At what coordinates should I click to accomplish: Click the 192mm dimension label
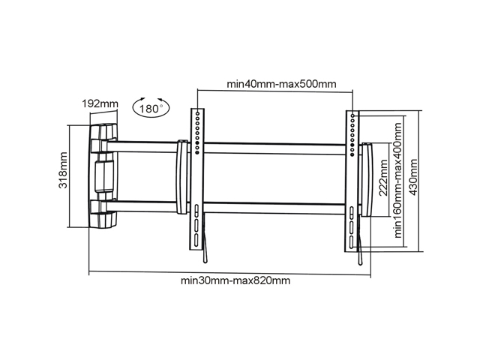(100, 104)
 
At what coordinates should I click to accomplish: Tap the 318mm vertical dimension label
(63, 170)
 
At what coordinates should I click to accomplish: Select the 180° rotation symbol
(151, 107)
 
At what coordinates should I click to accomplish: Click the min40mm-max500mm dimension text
(281, 84)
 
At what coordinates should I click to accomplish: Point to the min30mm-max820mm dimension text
(235, 280)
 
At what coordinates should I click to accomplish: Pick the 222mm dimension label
(383, 178)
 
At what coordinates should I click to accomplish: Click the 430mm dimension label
(413, 177)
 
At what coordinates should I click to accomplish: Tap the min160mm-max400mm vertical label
(397, 181)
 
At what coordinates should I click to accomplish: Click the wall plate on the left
(103, 176)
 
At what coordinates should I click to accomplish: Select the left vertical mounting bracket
(197, 178)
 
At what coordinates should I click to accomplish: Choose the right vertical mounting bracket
(352, 181)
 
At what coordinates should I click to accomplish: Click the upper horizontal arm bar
(226, 148)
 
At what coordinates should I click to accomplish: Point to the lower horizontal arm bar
(226, 207)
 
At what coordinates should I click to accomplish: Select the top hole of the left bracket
(198, 113)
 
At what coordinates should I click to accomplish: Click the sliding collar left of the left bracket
(181, 177)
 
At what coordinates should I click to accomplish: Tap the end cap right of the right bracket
(367, 180)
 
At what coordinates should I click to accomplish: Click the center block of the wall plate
(104, 176)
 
